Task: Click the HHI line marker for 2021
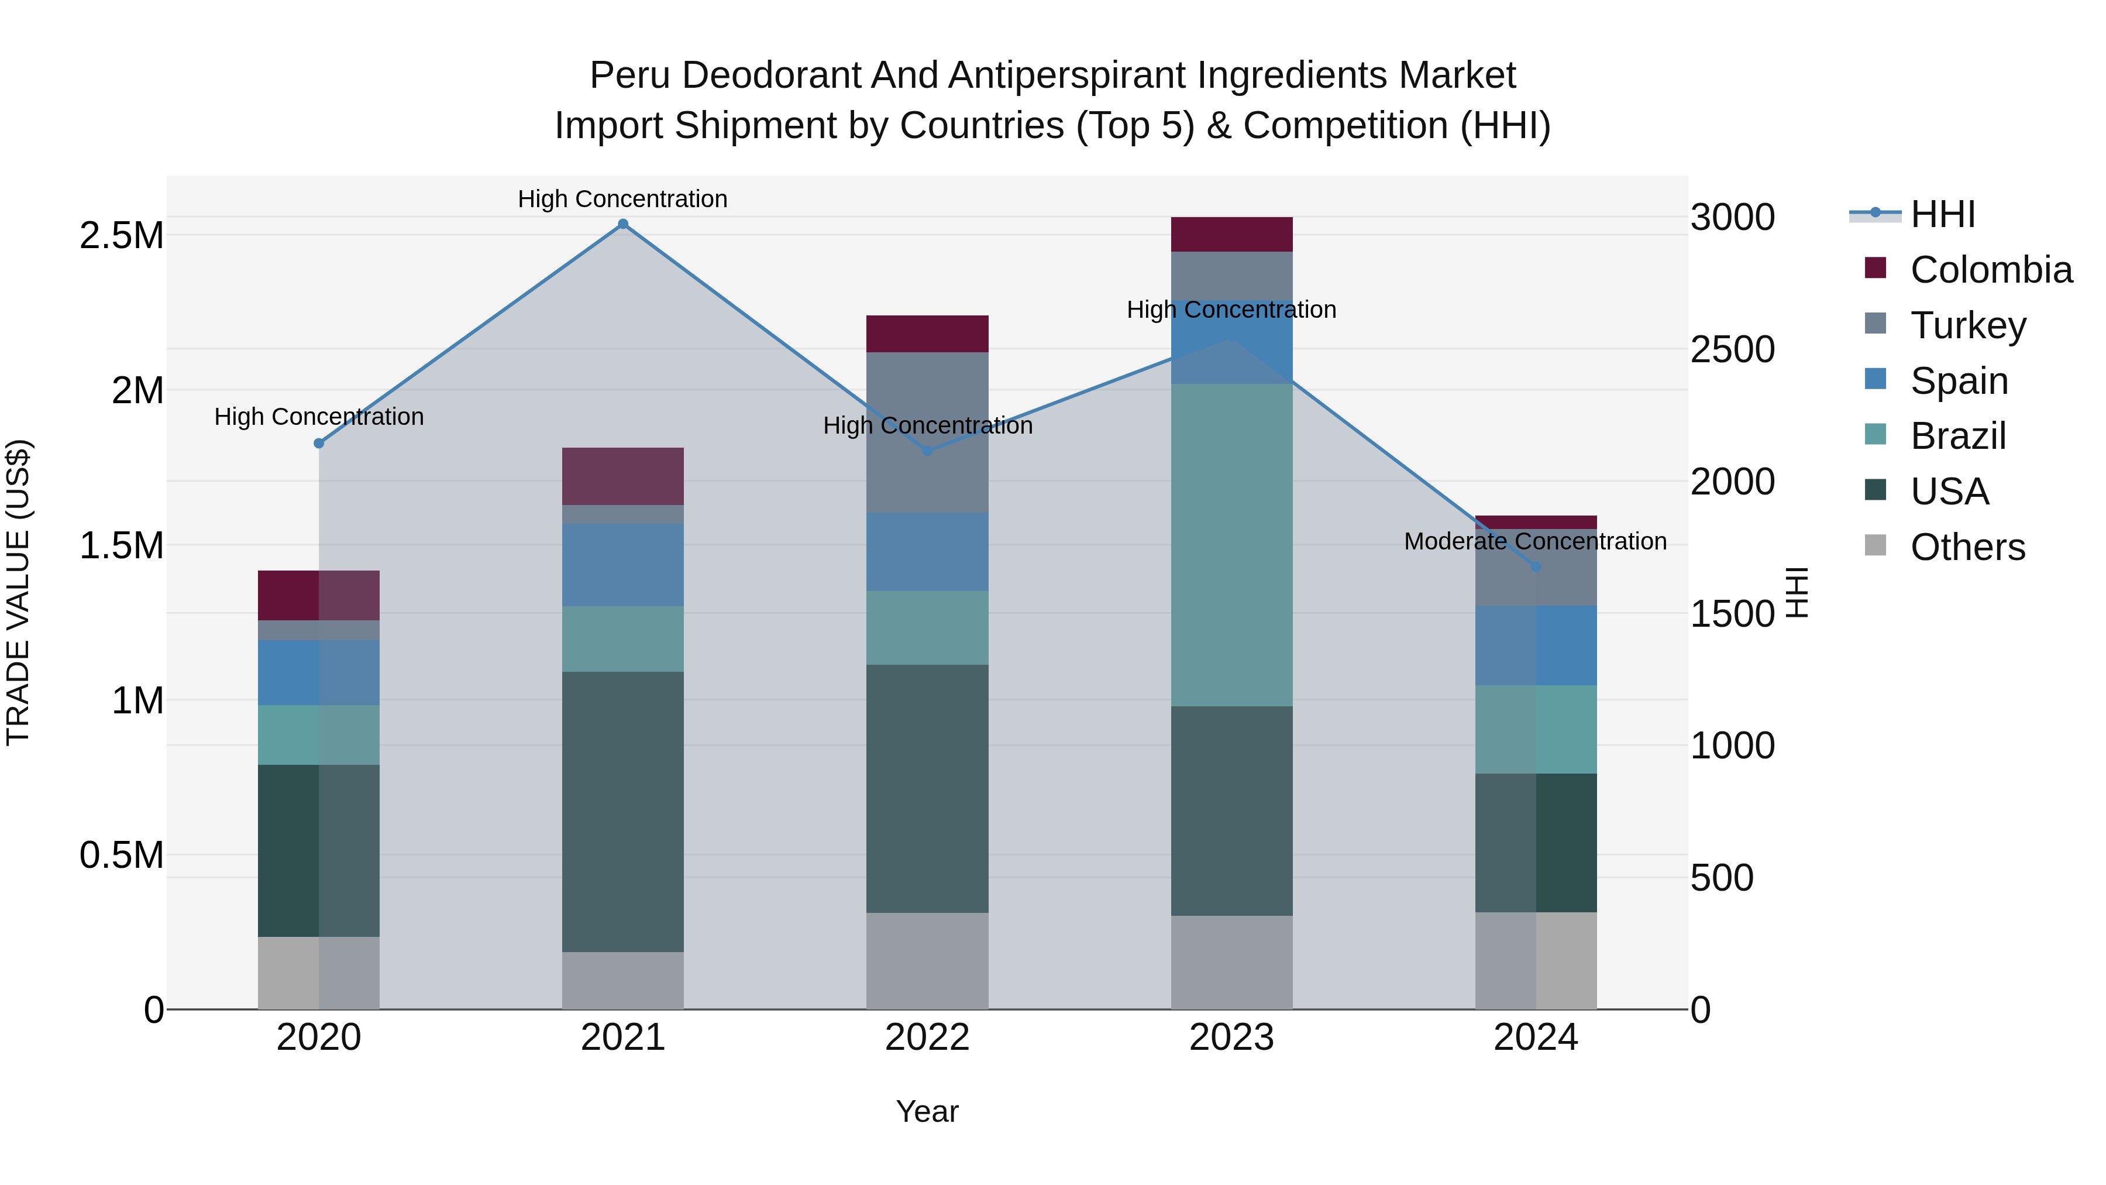point(623,224)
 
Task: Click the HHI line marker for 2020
point(319,443)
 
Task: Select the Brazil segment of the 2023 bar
point(1231,545)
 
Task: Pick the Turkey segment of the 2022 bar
point(927,432)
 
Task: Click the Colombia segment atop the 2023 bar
point(1231,235)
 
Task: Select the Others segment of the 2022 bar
point(927,961)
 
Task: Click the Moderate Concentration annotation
point(1534,541)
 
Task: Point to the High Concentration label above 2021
point(623,199)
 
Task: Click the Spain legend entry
point(1959,381)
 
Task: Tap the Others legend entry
point(1967,547)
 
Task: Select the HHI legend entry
point(1942,214)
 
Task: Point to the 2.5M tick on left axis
point(122,235)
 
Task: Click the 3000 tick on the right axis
point(1732,218)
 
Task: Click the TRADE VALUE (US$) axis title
point(19,592)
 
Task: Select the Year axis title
point(927,1111)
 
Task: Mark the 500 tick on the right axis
point(1722,878)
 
